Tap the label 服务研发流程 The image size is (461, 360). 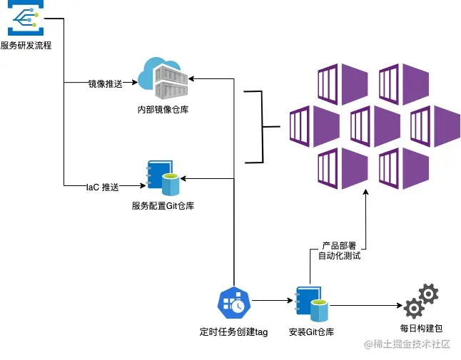[x=26, y=46]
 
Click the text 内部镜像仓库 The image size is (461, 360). [x=163, y=110]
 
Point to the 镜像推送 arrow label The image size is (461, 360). [x=105, y=83]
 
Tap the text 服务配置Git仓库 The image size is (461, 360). [x=163, y=206]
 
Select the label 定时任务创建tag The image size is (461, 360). [x=233, y=331]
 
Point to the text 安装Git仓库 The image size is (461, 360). [x=311, y=331]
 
